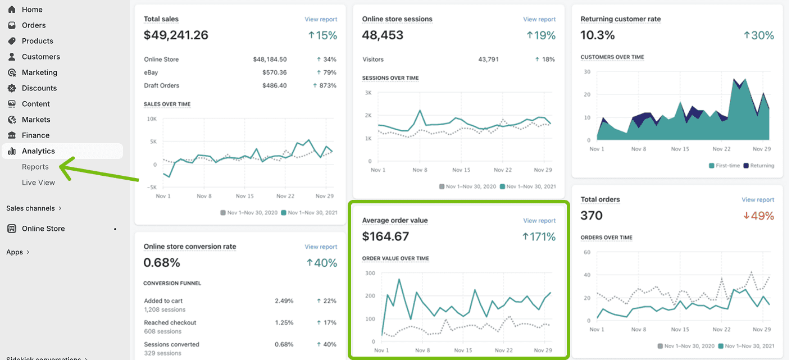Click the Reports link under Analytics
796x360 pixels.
tap(35, 167)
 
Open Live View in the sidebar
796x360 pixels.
tap(38, 183)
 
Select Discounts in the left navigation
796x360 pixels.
tap(39, 88)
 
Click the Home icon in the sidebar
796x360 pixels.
tap(12, 10)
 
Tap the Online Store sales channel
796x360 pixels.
tap(43, 229)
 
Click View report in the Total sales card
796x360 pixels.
tap(321, 19)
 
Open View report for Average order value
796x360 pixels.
tap(539, 221)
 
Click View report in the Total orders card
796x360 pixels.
tap(758, 199)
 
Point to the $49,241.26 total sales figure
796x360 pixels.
tap(176, 35)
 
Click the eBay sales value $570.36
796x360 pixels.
tap(274, 72)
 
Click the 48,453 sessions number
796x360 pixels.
tap(383, 35)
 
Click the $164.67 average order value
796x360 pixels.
tap(385, 236)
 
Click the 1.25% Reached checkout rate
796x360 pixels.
tap(284, 323)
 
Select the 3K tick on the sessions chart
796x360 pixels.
tap(368, 93)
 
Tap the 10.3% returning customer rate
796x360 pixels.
tap(598, 35)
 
